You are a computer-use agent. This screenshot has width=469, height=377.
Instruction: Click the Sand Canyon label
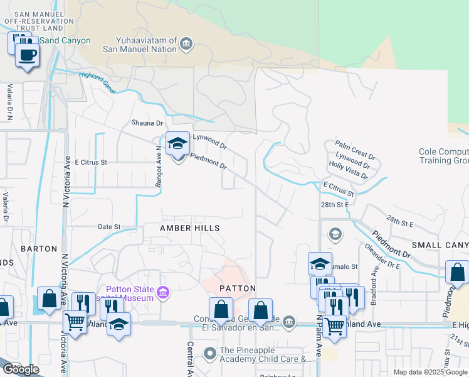click(x=65, y=41)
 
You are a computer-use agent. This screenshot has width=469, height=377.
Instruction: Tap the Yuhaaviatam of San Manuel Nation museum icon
click(x=186, y=43)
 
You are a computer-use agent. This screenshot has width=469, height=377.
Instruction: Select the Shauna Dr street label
click(x=147, y=123)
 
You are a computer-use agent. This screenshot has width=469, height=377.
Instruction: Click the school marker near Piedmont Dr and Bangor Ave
click(x=177, y=145)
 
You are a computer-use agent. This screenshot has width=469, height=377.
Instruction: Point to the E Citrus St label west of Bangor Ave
click(x=91, y=162)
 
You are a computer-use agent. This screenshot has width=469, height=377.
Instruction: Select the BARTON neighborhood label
click(x=39, y=249)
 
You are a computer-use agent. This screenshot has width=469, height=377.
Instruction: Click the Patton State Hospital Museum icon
click(x=163, y=292)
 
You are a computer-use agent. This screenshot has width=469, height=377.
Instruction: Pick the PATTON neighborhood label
click(x=238, y=288)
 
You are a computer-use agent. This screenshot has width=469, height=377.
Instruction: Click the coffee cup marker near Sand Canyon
click(x=26, y=54)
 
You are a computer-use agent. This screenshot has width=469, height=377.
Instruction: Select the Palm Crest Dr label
click(x=355, y=148)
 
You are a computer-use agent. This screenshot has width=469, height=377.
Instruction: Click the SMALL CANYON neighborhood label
click(x=440, y=244)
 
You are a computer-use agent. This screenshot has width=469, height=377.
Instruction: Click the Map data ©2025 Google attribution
click(x=430, y=372)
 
